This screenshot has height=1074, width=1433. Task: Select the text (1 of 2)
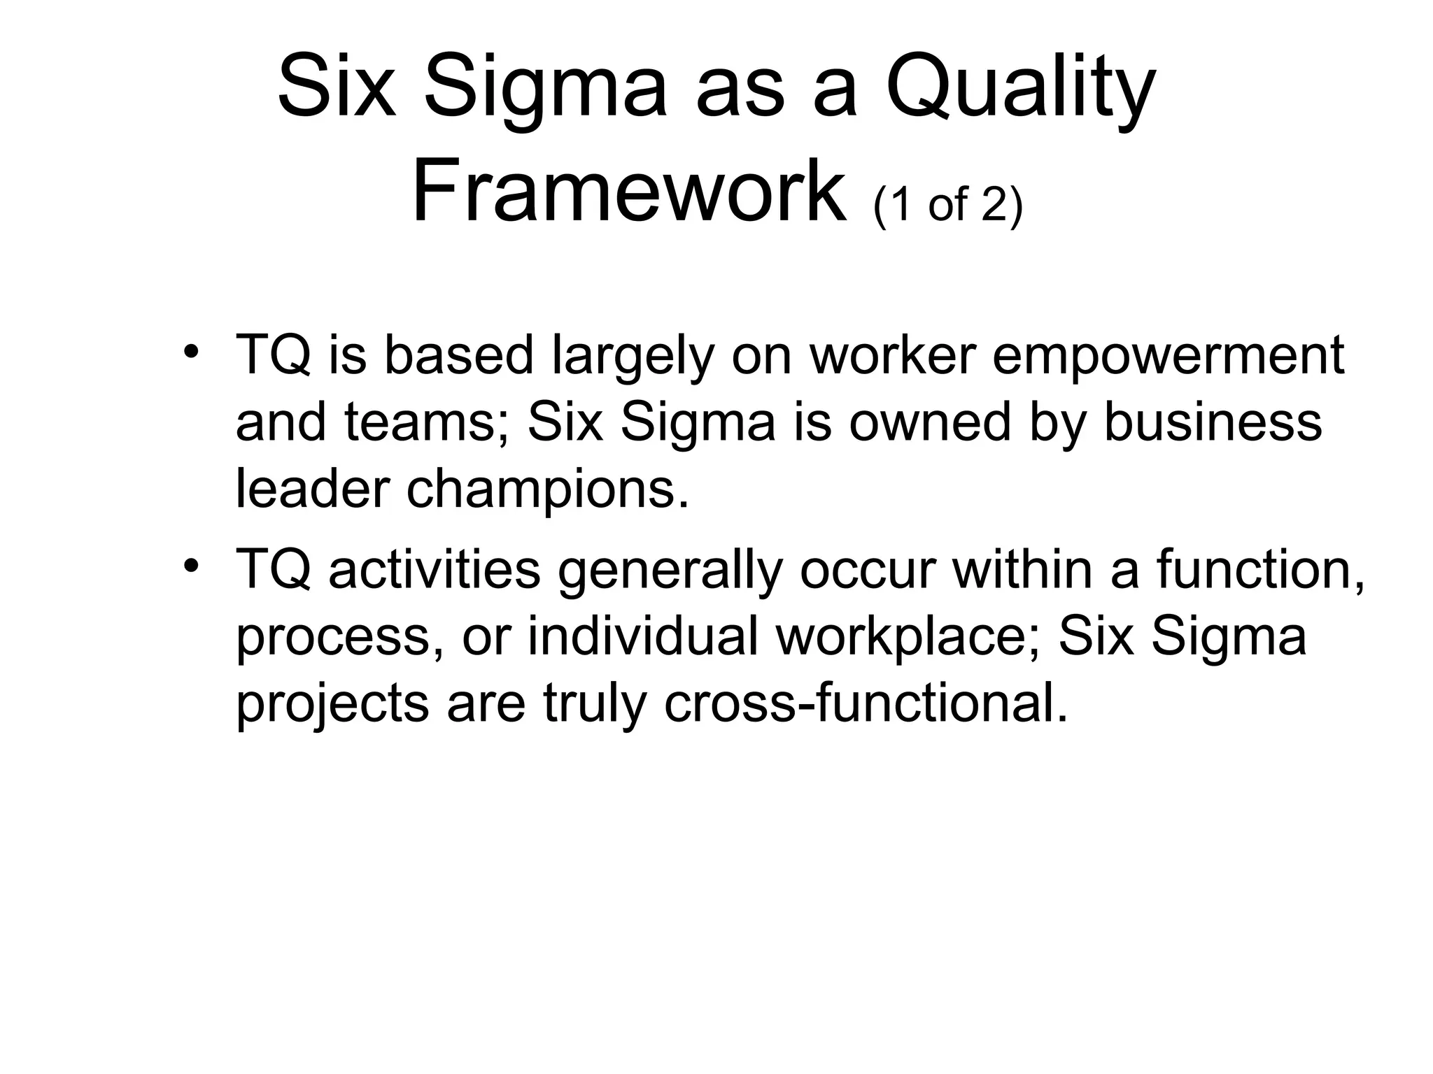click(948, 205)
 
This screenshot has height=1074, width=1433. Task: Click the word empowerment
click(1168, 355)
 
